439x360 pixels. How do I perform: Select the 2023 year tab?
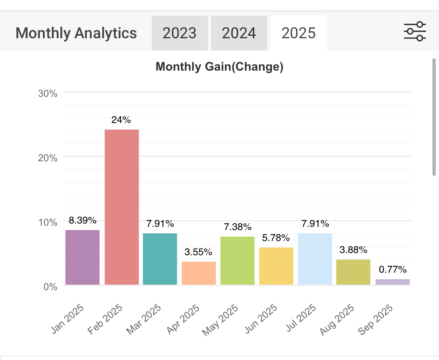point(179,33)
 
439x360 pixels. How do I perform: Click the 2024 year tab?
point(239,33)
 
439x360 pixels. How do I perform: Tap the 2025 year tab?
point(298,33)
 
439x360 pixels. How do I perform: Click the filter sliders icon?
point(415,32)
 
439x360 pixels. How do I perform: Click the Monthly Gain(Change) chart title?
point(219,67)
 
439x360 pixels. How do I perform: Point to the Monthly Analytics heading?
point(76,33)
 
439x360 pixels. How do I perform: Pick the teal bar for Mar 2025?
point(160,259)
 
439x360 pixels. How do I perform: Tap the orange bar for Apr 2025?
point(199,273)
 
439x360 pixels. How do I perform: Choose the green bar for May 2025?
point(237,260)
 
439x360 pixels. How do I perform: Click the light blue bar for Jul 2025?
point(315,259)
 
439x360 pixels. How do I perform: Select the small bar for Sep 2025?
point(392,282)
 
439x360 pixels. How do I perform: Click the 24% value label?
point(121,120)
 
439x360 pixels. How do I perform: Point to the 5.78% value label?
point(276,238)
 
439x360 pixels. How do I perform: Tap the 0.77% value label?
point(392,270)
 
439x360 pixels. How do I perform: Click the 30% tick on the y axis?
point(48,94)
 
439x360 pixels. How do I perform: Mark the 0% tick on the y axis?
point(50,287)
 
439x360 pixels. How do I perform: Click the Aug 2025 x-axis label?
point(337,320)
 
